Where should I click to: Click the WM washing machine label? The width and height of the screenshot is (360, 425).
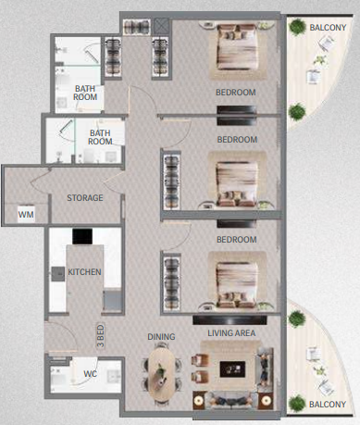26,214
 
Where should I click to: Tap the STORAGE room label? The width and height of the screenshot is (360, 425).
85,198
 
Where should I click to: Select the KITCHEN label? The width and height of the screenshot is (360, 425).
84,272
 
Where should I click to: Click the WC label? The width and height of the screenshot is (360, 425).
90,374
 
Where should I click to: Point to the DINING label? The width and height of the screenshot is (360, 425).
161,337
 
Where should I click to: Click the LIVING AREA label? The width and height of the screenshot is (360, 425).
231,333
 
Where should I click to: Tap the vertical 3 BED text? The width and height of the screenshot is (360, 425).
101,336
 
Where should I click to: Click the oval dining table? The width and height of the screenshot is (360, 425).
161,374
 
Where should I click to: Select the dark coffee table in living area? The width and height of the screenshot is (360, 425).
232,369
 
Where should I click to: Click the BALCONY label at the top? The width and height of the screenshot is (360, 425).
328,28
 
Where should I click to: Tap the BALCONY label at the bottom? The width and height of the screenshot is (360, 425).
328,404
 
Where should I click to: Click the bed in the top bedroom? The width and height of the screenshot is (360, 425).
237,47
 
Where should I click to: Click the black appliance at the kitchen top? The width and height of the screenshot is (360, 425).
82,236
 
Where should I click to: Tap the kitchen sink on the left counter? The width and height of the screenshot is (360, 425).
58,274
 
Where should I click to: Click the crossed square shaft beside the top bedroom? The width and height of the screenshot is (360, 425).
161,26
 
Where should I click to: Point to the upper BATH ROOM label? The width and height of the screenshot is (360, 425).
85,93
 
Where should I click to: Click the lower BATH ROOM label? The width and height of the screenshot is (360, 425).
100,137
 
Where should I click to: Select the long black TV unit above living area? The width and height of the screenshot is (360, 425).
230,319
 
